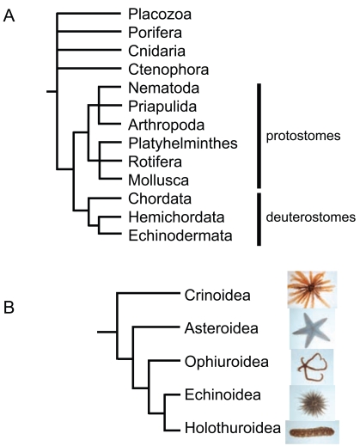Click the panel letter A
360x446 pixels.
(9, 15)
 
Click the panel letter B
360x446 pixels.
(9, 308)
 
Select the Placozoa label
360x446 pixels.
(160, 14)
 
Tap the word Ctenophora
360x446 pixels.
(168, 70)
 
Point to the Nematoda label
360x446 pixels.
(163, 88)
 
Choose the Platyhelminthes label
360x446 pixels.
(183, 144)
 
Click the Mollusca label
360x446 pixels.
(158, 180)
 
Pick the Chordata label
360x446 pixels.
(160, 199)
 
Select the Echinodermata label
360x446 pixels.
(180, 235)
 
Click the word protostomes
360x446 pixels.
(303, 136)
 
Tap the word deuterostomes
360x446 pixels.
(311, 217)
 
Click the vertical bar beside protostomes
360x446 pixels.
(259, 136)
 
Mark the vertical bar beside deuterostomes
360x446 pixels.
(259, 219)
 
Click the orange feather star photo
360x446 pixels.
(312, 290)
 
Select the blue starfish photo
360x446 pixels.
(312, 329)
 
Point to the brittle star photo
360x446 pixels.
(312, 367)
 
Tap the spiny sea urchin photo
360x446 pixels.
(312, 403)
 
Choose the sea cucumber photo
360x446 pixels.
(312, 432)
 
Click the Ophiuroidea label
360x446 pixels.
(227, 362)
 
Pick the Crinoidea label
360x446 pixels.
(217, 295)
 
